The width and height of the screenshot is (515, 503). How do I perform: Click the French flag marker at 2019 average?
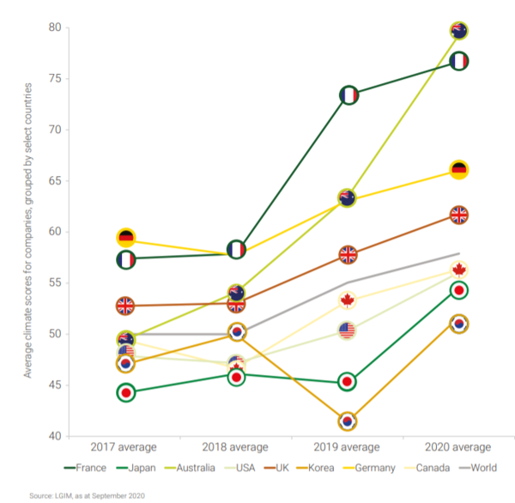(348, 95)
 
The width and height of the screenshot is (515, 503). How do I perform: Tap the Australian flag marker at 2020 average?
(458, 31)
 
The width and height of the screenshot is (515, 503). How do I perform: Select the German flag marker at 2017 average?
(126, 238)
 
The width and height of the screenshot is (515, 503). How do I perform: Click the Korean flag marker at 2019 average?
(348, 421)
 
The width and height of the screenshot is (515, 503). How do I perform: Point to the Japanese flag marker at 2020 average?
(458, 290)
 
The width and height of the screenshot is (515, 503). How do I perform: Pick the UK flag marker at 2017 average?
(126, 306)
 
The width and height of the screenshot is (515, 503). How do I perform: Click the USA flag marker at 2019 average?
(348, 330)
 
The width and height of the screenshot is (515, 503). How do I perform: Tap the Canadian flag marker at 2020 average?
(458, 270)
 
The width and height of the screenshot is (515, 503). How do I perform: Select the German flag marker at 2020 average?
(458, 169)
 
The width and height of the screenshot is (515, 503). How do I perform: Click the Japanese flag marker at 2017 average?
(126, 393)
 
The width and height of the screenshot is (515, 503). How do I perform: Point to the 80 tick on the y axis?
(56, 27)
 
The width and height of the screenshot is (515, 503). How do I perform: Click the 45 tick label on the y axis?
(56, 385)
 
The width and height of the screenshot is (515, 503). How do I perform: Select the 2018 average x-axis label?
(236, 447)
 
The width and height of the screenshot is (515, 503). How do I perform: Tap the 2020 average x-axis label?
(458, 447)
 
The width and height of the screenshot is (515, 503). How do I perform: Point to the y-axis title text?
(28, 232)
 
